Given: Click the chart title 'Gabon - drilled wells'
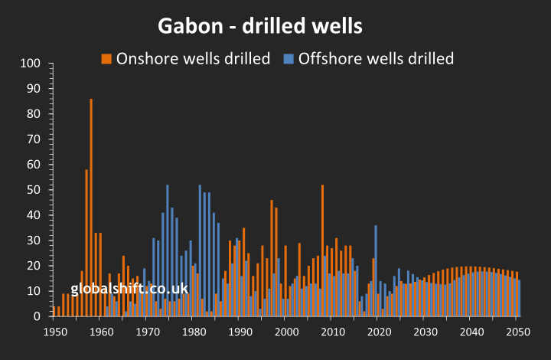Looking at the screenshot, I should (x=260, y=26).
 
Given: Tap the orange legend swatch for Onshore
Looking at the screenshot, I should (x=106, y=58).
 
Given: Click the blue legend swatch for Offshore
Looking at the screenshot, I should (x=289, y=58).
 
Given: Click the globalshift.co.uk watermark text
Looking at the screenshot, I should (x=129, y=289).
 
